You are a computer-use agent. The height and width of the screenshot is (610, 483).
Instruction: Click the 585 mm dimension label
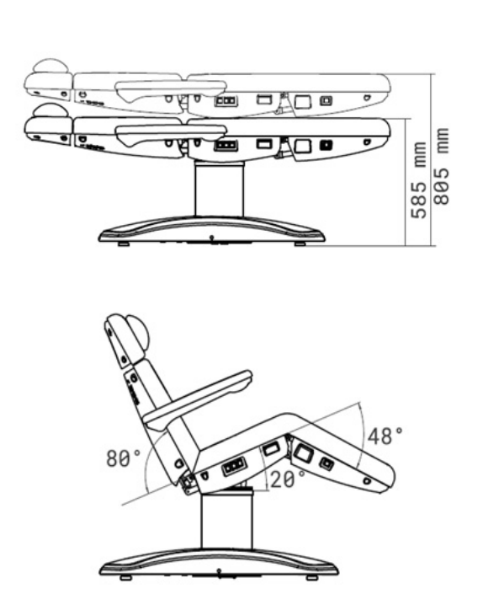pyautogui.click(x=419, y=179)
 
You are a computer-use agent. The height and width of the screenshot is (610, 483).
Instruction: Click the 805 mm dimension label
pyautogui.click(x=442, y=166)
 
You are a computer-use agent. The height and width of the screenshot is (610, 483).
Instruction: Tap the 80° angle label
pyautogui.click(x=123, y=457)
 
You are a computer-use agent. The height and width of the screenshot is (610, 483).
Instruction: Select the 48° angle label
pyautogui.click(x=385, y=436)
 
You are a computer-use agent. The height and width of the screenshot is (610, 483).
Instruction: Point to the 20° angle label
pyautogui.click(x=288, y=479)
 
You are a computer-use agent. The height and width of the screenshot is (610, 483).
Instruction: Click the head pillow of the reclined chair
pyautogui.click(x=138, y=332)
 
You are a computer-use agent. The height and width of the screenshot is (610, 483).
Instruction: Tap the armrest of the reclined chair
pyautogui.click(x=199, y=401)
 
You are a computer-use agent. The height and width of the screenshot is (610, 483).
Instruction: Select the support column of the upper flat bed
pyautogui.click(x=220, y=190)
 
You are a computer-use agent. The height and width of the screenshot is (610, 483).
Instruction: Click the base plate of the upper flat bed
pyautogui.click(x=212, y=230)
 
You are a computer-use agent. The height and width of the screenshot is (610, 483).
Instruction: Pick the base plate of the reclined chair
pyautogui.click(x=219, y=563)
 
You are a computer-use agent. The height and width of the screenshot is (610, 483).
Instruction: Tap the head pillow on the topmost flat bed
pyautogui.click(x=50, y=66)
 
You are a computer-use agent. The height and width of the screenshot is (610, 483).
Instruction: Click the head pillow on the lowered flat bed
pyautogui.click(x=50, y=110)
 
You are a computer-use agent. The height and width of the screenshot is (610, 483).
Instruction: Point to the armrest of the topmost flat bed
pyautogui.click(x=171, y=90)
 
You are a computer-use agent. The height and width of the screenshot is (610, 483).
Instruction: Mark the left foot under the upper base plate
pyautogui.click(x=125, y=244)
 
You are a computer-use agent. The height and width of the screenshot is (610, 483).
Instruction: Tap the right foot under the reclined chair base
pyautogui.click(x=311, y=578)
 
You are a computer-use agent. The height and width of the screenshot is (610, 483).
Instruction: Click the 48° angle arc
pyautogui.click(x=366, y=435)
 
